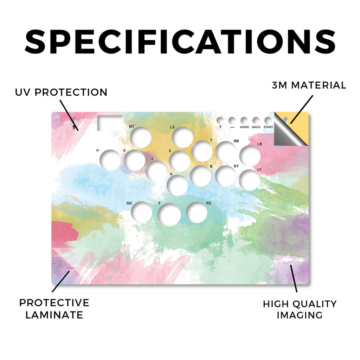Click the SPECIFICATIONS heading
180,41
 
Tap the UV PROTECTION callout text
61,92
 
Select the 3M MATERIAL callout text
309,85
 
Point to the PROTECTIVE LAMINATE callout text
54,309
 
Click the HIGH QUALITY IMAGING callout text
300,309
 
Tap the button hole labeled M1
141,137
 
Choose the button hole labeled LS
182,137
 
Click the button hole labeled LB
250,156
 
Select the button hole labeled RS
197,213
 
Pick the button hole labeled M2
141,212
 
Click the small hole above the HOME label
244,120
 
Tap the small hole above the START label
268,120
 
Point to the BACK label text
256,127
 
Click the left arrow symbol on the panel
98,150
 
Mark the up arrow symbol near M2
159,203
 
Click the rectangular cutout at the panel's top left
110,123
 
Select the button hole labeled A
178,185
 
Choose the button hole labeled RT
226,176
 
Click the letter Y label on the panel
211,140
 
